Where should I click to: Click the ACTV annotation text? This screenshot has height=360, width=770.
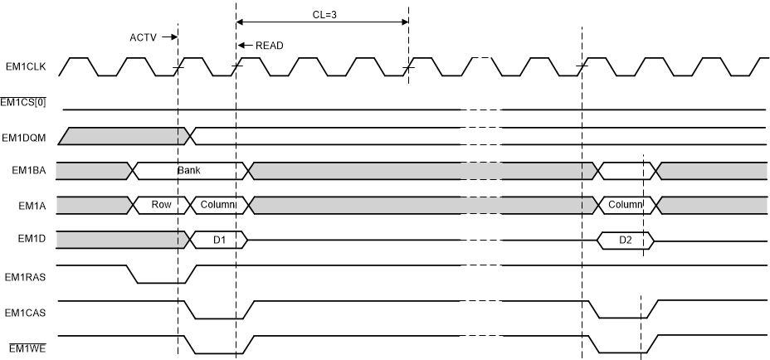143,37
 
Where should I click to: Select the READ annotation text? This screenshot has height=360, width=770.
267,46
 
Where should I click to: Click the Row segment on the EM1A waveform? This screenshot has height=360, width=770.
161,204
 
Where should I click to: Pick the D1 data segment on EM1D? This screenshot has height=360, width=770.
219,240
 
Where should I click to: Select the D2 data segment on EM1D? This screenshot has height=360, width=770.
625,240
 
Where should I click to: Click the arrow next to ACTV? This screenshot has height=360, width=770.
168,37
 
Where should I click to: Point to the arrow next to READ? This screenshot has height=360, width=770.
243,46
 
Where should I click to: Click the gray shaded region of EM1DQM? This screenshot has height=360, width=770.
124,136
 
